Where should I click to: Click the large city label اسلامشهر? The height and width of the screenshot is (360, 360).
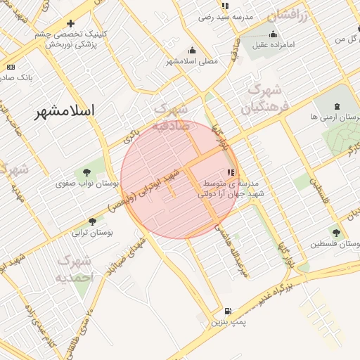click(x=68, y=112)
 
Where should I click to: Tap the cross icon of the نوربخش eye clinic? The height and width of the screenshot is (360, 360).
click(x=70, y=23)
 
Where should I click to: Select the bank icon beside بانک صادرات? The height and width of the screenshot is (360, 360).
click(x=11, y=67)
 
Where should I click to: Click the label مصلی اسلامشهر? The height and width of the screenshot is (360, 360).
click(x=192, y=61)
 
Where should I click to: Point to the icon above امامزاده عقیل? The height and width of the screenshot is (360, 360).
click(x=273, y=34)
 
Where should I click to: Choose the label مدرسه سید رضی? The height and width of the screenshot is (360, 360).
click(x=226, y=16)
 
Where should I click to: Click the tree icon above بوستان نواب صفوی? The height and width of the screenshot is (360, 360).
click(x=87, y=172)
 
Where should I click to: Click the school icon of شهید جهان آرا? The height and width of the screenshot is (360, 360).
click(x=231, y=172)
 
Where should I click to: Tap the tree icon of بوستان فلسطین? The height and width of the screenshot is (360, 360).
click(x=336, y=233)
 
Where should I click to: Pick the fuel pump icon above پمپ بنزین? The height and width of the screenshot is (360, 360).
click(x=227, y=311)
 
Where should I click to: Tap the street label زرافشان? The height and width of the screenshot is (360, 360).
click(x=287, y=15)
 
